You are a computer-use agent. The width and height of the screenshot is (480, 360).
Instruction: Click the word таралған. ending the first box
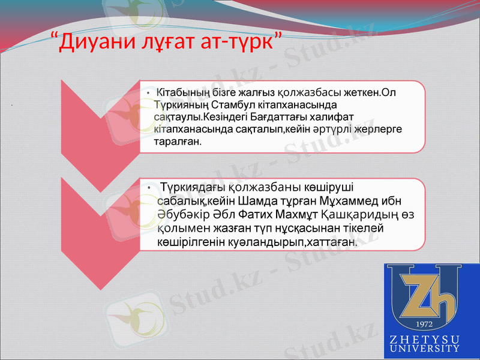(178, 143)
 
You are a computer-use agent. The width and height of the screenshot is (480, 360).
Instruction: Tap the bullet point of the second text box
(150, 188)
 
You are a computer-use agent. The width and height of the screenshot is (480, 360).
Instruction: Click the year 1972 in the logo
(424, 325)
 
